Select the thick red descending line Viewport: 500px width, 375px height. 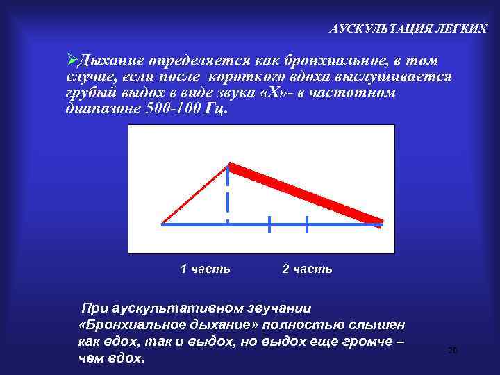click(306, 194)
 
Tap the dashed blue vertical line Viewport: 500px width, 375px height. click(228, 198)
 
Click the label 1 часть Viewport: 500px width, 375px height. click(205, 269)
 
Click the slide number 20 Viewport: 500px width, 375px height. click(453, 351)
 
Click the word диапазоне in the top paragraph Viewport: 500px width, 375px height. click(98, 108)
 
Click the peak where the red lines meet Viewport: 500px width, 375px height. click(229, 165)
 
